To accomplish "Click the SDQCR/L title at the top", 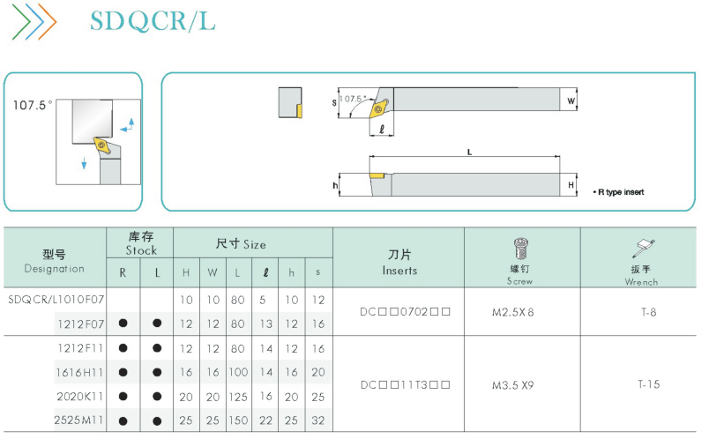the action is (153, 21).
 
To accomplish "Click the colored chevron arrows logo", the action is (34, 21).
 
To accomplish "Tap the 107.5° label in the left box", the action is (33, 105).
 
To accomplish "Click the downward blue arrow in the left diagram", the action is (84, 163).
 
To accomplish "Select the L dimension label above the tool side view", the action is (469, 152).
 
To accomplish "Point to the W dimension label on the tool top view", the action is (571, 100).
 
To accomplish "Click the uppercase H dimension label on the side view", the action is (571, 185).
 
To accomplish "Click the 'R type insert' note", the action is (618, 192).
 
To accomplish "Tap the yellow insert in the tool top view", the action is (379, 108).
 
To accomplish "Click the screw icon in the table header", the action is (520, 249).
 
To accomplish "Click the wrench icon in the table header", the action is (643, 249).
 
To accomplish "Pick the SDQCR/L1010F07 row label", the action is (56, 300).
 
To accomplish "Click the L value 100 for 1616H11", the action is (238, 372).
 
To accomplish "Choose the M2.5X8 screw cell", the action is (512, 312).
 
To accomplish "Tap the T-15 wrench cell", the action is (649, 384).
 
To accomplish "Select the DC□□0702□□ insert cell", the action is (405, 312).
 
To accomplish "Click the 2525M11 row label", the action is (79, 420).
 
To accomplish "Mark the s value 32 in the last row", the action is (318, 420).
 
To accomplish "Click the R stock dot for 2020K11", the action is (123, 397).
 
